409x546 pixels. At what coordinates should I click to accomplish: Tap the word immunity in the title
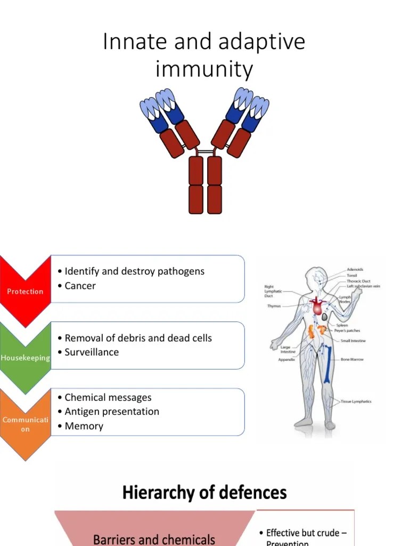click(x=204, y=69)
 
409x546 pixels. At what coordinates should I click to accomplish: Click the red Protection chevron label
click(x=25, y=291)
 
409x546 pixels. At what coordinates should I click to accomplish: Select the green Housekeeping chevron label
click(x=25, y=358)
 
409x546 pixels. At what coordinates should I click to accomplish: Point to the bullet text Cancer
click(x=80, y=286)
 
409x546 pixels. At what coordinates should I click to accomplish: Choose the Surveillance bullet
click(x=92, y=352)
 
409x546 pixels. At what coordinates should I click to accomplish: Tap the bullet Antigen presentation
click(x=112, y=412)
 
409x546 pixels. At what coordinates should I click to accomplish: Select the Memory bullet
click(x=84, y=426)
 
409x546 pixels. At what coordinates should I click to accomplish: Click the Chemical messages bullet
click(x=108, y=398)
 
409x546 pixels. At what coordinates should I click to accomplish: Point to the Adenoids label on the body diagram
click(x=355, y=270)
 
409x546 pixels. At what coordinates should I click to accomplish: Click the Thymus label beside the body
click(x=274, y=306)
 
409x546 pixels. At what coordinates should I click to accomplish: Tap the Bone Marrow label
click(x=353, y=359)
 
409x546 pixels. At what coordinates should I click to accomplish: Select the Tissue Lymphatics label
click(x=356, y=402)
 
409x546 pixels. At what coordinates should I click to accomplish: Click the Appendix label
click(x=286, y=359)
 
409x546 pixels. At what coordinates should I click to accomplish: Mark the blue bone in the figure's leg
click(x=328, y=363)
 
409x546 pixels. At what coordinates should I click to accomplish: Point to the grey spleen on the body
click(x=324, y=317)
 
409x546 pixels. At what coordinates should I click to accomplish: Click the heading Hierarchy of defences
click(x=204, y=492)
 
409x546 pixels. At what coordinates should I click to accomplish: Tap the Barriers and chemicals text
click(x=154, y=539)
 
